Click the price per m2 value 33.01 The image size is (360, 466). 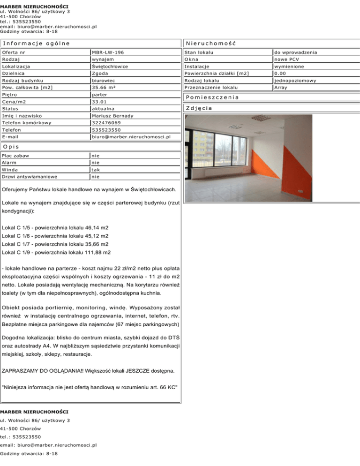click(99, 101)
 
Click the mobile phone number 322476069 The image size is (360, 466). click(106, 122)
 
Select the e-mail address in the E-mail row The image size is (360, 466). click(131, 137)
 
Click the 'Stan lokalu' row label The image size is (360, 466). click(198, 52)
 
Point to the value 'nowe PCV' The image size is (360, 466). click(287, 59)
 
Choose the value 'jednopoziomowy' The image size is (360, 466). click(295, 80)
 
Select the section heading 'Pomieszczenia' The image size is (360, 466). click(212, 97)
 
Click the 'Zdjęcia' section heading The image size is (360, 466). click(199, 108)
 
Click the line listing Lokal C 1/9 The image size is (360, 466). click(56, 252)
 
